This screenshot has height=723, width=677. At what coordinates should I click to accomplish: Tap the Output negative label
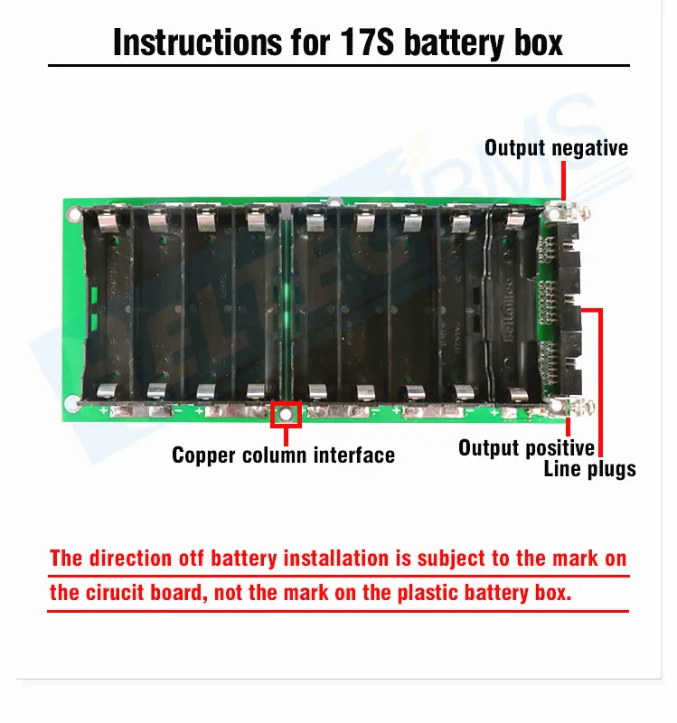(x=556, y=147)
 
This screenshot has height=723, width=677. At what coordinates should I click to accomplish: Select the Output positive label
(x=526, y=447)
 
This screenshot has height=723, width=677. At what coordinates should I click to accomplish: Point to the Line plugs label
(x=589, y=468)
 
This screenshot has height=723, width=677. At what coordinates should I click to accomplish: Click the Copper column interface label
(x=283, y=454)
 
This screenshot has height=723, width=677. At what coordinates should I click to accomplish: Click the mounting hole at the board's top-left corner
(x=72, y=215)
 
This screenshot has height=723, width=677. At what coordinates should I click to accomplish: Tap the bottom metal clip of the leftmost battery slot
(x=108, y=390)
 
